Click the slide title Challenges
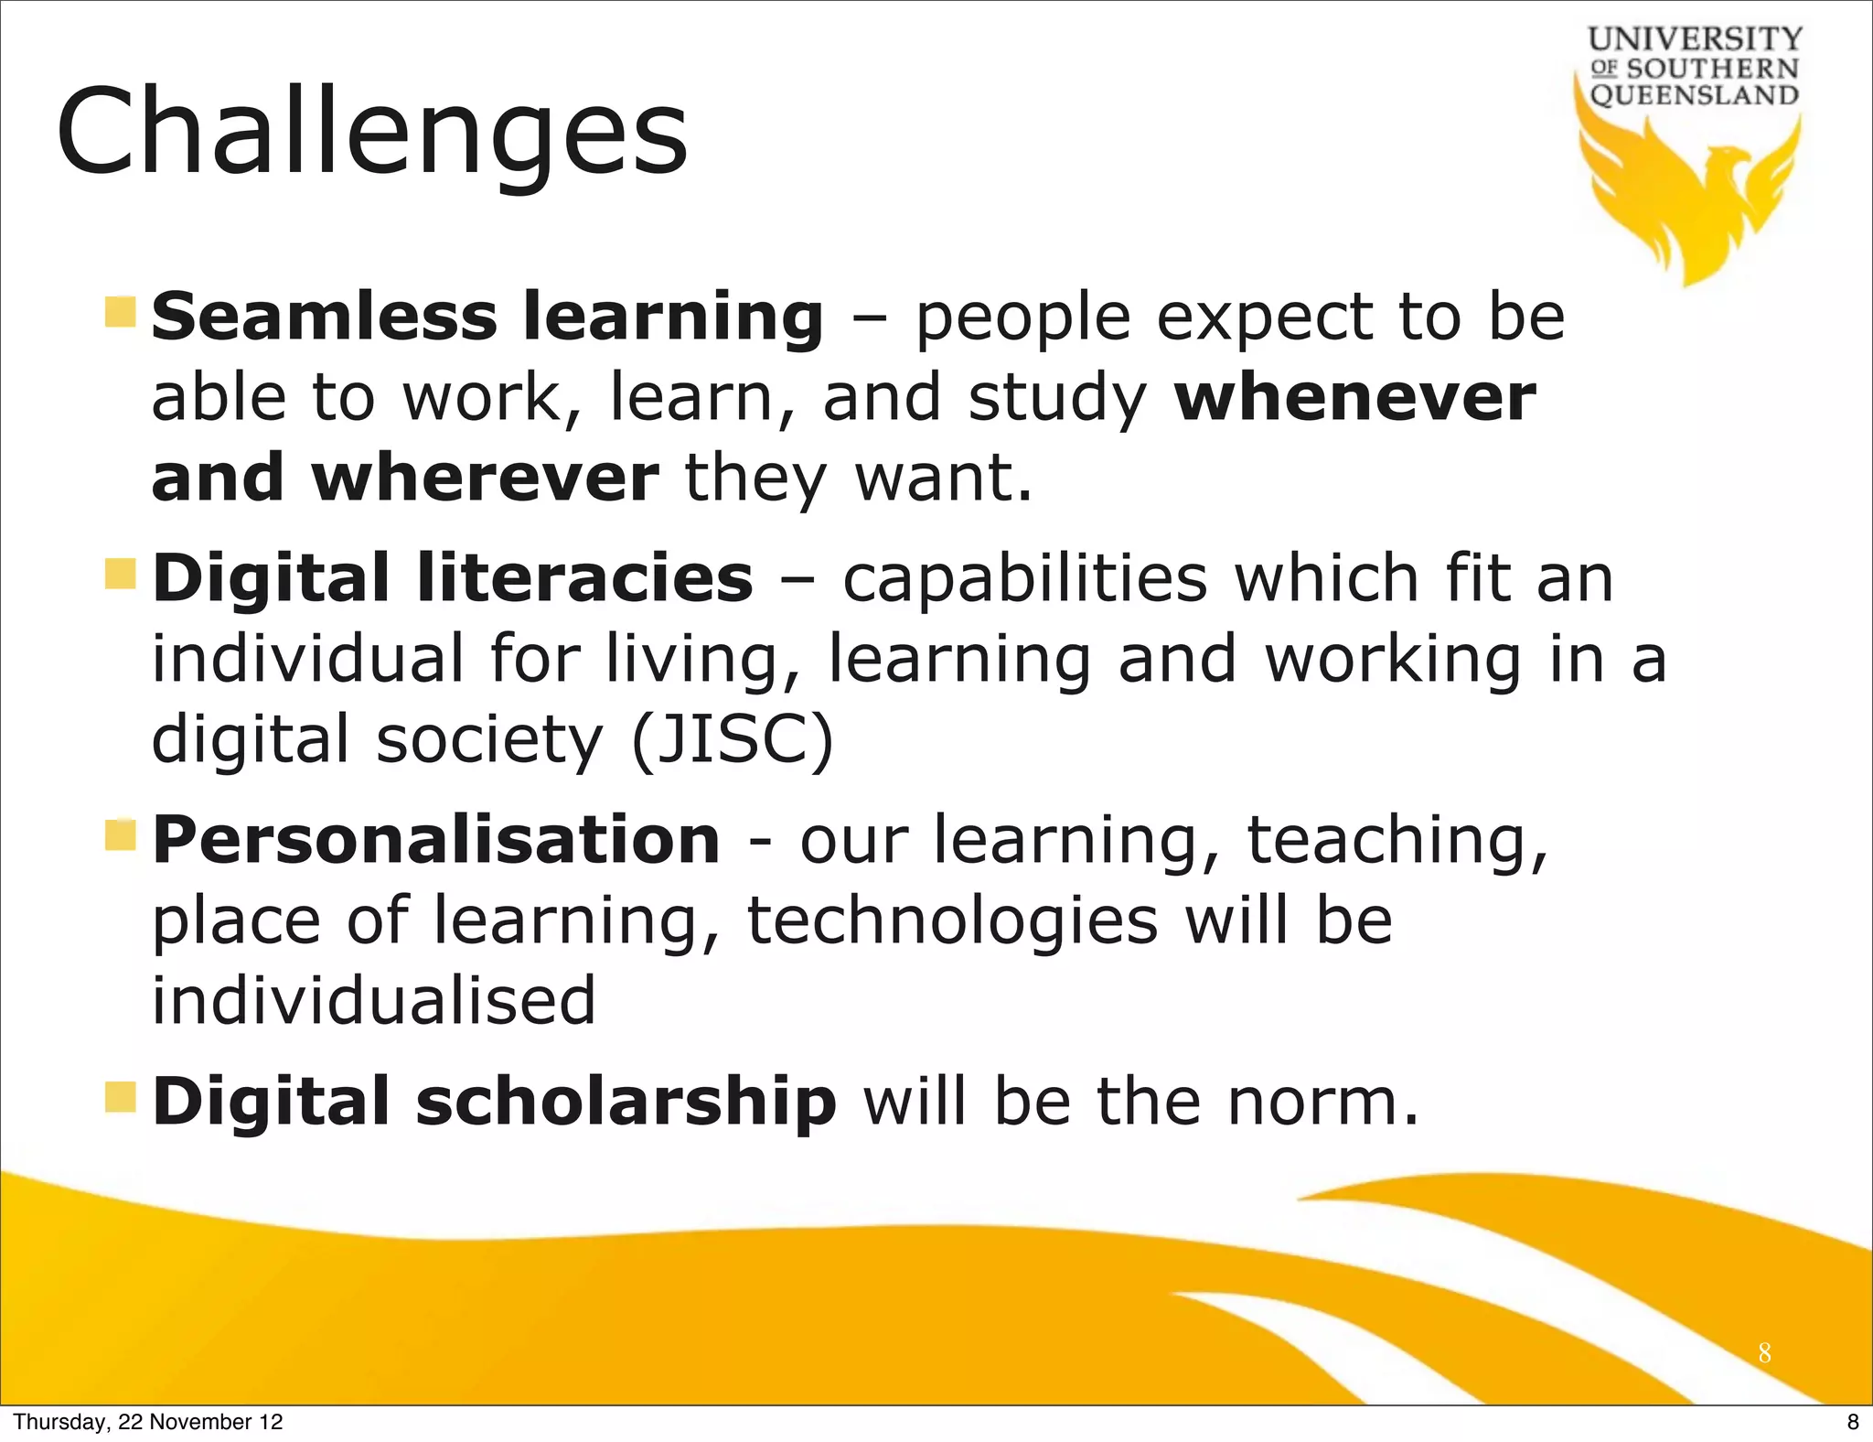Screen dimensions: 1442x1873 pyautogui.click(x=371, y=133)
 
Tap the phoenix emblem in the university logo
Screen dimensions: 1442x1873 pyautogui.click(x=1692, y=197)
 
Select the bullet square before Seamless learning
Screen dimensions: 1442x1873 pyautogui.click(x=120, y=312)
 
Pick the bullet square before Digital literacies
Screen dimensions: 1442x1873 pyautogui.click(x=120, y=575)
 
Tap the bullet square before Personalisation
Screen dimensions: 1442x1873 pyautogui.click(x=120, y=834)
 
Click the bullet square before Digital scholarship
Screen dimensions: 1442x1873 pyautogui.click(x=120, y=1096)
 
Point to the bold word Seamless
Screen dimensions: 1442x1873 pyautogui.click(x=324, y=317)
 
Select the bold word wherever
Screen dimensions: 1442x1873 pyautogui.click(x=485, y=478)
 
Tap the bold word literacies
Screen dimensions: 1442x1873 pyautogui.click(x=584, y=578)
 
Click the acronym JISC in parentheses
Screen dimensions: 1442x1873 pyautogui.click(x=733, y=739)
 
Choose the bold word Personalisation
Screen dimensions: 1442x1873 pyautogui.click(x=436, y=840)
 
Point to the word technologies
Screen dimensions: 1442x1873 pyautogui.click(x=952, y=920)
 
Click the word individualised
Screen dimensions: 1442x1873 pyautogui.click(x=373, y=1000)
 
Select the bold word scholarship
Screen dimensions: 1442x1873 pyautogui.click(x=626, y=1101)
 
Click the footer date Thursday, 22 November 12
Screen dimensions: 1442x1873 pyautogui.click(x=148, y=1422)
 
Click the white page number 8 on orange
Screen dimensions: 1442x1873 pyautogui.click(x=1764, y=1353)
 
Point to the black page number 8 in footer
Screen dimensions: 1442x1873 pyautogui.click(x=1853, y=1422)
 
